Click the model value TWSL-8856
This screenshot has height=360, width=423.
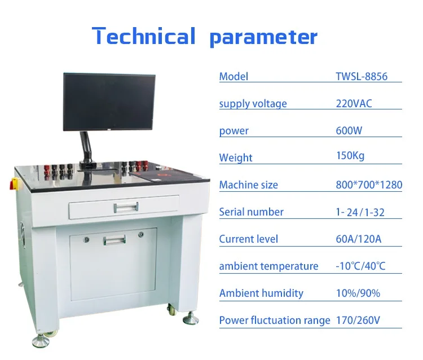[x=362, y=76]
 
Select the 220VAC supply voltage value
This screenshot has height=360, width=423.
[x=354, y=103]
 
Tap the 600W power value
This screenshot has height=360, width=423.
[x=349, y=130]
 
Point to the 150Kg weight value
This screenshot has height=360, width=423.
[x=350, y=156]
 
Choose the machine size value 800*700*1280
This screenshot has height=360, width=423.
[x=369, y=185]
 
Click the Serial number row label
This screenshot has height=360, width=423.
[x=251, y=212]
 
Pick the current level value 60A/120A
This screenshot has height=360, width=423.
[x=359, y=239]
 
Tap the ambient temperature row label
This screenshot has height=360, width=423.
[x=268, y=266]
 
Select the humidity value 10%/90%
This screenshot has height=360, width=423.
[x=358, y=293]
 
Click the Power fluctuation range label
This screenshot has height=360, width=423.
[x=275, y=320]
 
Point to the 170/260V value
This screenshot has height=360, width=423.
[x=358, y=320]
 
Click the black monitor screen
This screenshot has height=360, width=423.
[x=109, y=102]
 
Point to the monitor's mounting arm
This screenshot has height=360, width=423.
[x=85, y=146]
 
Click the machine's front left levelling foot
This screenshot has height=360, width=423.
[x=41, y=340]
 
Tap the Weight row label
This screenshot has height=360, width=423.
[x=236, y=157]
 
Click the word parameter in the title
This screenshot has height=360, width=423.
[x=263, y=37]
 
